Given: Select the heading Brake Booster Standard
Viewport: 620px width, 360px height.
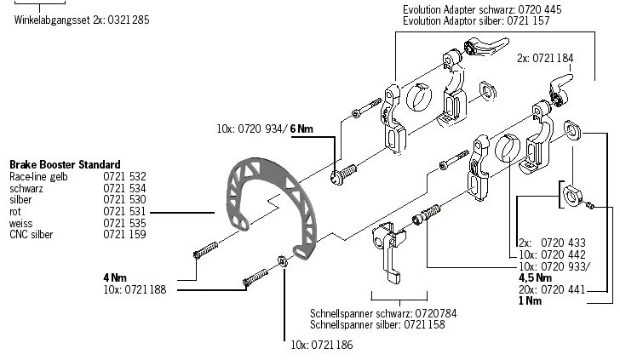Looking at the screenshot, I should tap(64, 164).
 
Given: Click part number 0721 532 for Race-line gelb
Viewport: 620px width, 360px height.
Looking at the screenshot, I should tap(124, 176).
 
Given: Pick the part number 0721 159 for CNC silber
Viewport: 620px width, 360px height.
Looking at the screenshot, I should tap(124, 233).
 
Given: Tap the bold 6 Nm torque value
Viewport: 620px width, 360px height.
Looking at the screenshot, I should tap(302, 129).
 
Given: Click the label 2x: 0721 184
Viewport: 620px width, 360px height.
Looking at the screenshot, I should tap(544, 59).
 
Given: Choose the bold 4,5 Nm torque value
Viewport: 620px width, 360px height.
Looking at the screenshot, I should tap(535, 277).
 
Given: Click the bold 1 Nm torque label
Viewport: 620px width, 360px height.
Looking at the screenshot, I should tap(530, 300).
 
